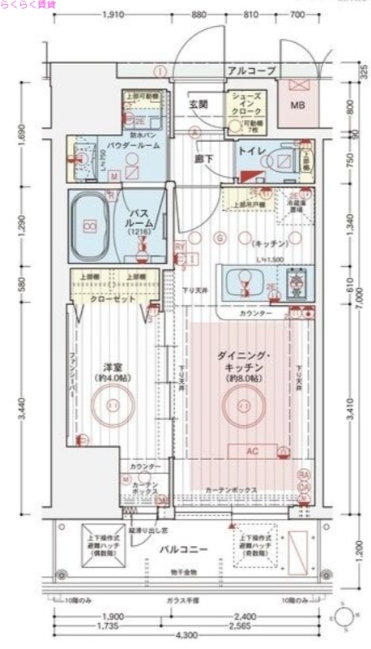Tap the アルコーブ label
(251, 71)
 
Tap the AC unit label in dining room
(241, 452)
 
